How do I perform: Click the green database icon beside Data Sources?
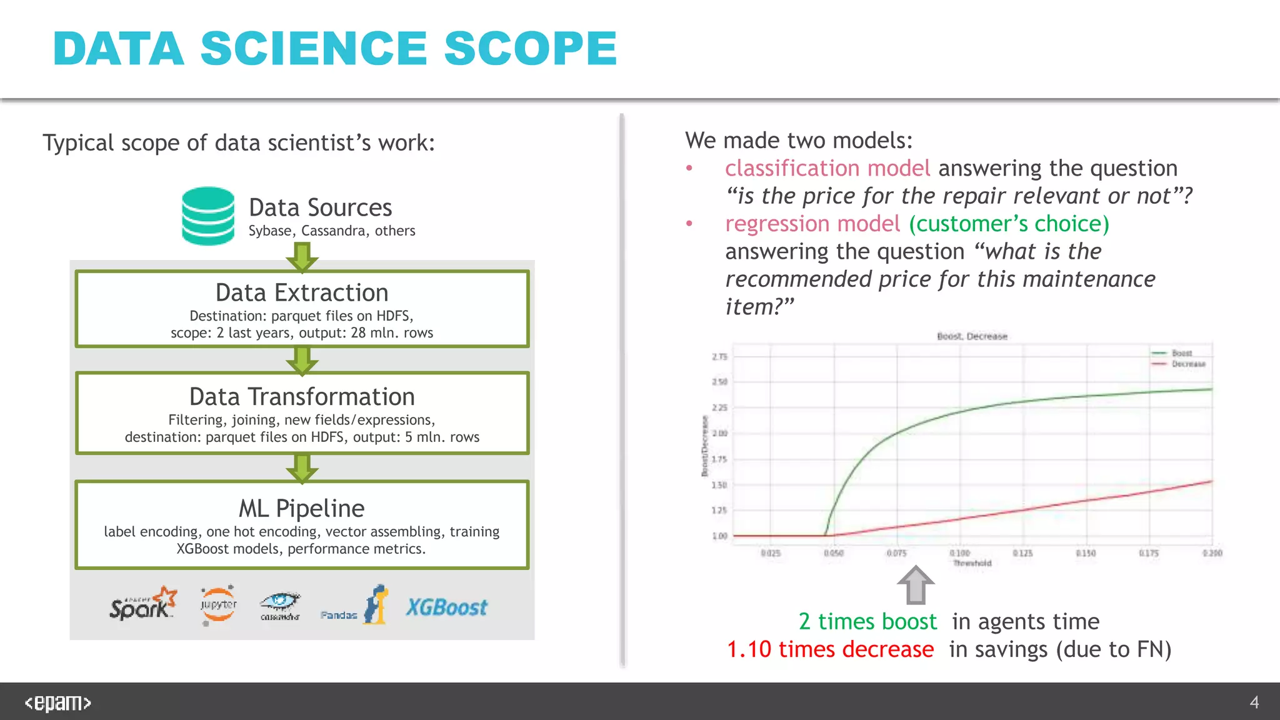(x=208, y=216)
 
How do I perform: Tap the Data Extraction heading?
(x=302, y=292)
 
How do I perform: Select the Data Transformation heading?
(x=302, y=397)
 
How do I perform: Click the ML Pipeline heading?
(x=302, y=508)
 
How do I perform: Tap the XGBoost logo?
(x=446, y=607)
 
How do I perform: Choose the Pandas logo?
(x=354, y=606)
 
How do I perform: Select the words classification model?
(x=827, y=168)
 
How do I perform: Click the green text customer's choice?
(x=1009, y=224)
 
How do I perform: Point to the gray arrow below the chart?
(x=916, y=585)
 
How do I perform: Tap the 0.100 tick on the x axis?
(x=959, y=553)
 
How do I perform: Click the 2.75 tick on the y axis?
(x=719, y=357)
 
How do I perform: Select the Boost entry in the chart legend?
(x=1181, y=353)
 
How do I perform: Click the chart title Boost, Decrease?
(x=972, y=336)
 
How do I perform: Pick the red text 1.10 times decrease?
(x=830, y=649)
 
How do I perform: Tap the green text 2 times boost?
(x=867, y=621)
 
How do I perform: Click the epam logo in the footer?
(x=57, y=703)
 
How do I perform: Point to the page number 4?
(x=1254, y=702)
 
